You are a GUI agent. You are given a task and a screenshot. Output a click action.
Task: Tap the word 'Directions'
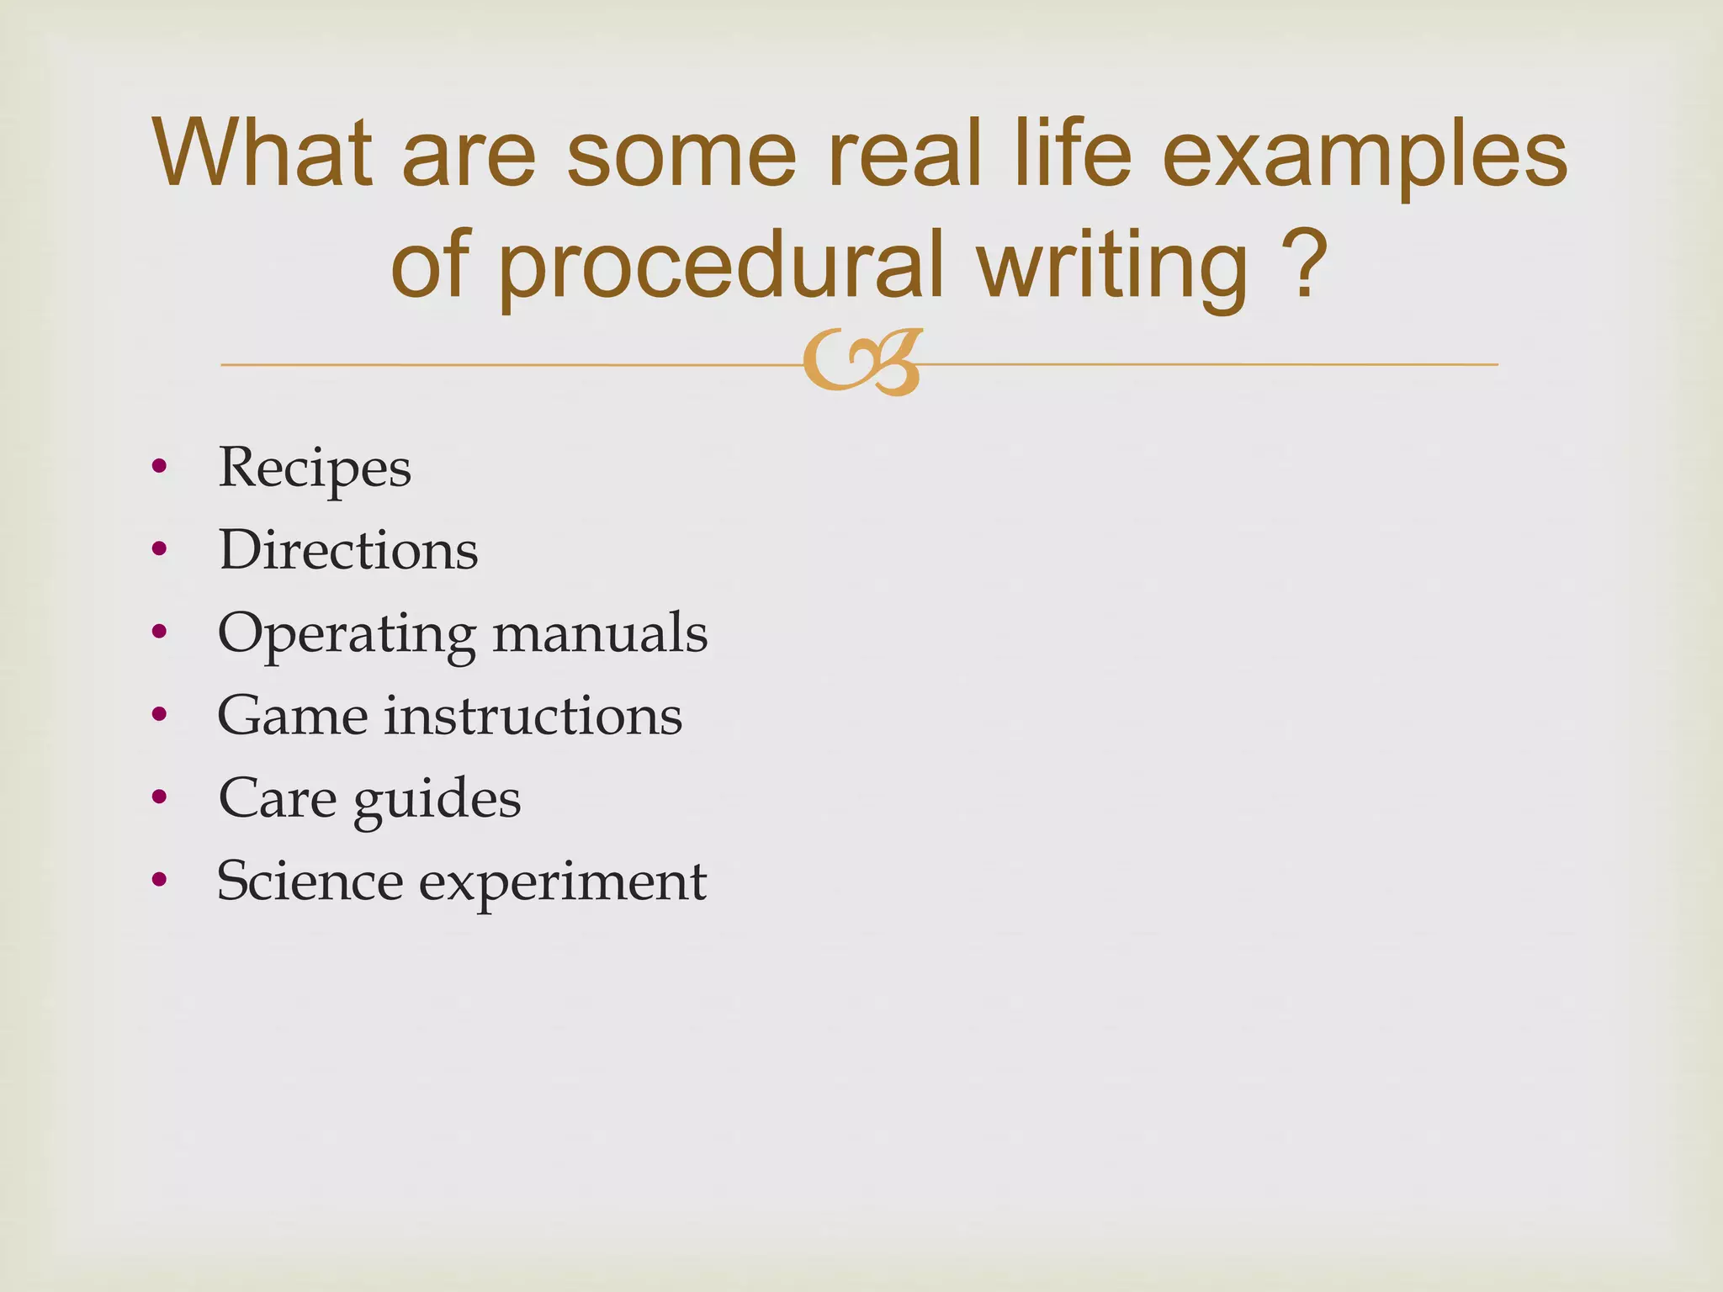[348, 550]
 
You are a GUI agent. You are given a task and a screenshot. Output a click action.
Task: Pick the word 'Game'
[293, 716]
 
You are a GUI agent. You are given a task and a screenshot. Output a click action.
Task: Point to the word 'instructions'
[533, 716]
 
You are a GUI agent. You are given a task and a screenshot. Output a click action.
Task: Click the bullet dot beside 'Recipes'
[159, 467]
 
